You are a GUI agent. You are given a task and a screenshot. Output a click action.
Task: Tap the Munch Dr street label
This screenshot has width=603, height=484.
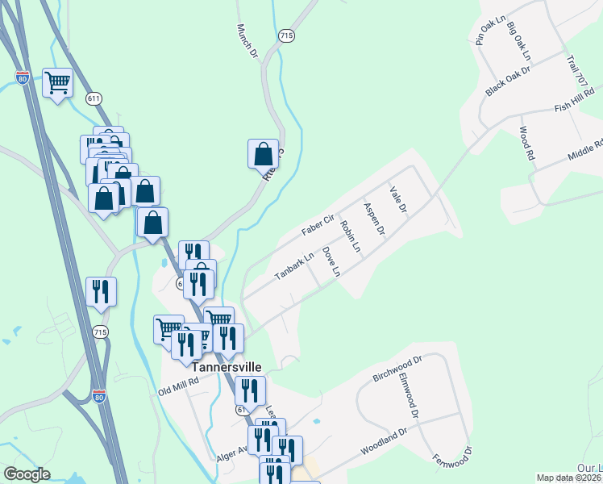246,40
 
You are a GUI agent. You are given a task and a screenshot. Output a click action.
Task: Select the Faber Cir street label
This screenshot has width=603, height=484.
318,225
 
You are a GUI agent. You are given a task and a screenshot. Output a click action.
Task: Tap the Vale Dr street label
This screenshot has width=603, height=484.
397,198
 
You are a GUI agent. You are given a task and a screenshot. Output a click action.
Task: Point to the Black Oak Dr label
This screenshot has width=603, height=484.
509,81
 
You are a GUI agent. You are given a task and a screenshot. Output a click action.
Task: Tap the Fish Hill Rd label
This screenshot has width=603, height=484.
575,102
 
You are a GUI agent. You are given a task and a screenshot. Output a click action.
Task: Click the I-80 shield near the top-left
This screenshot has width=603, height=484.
23,78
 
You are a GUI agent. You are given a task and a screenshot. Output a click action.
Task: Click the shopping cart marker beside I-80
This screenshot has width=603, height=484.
58,82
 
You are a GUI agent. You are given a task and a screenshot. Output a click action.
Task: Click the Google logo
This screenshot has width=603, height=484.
27,474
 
